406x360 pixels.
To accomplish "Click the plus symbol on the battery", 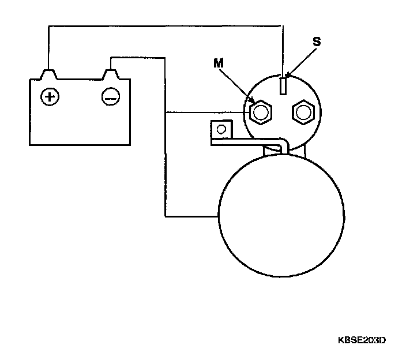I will click(50, 96).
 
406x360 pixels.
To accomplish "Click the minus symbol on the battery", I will click(110, 97).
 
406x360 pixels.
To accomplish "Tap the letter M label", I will click(218, 64).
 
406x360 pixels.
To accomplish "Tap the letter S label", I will click(317, 43).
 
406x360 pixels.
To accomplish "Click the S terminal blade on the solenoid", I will click(283, 85).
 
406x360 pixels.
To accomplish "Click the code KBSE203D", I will click(362, 340).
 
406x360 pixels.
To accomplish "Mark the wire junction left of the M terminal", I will click(166, 111).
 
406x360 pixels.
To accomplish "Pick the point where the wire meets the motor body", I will click(218, 217).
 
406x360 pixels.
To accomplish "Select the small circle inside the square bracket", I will click(220, 128).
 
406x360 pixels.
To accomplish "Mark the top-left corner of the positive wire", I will click(48, 25).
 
